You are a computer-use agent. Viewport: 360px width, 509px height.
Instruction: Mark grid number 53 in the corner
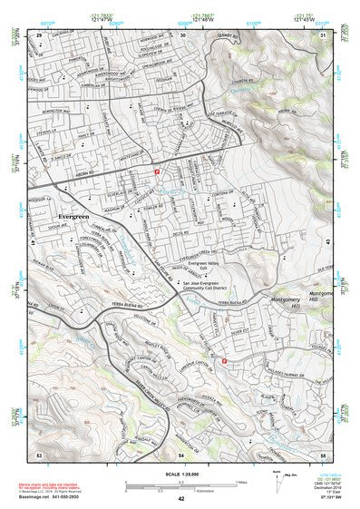pos(39,452)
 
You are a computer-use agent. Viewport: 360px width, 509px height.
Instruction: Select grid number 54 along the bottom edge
pos(181,452)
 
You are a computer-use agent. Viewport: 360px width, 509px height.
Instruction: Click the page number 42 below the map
pos(181,499)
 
